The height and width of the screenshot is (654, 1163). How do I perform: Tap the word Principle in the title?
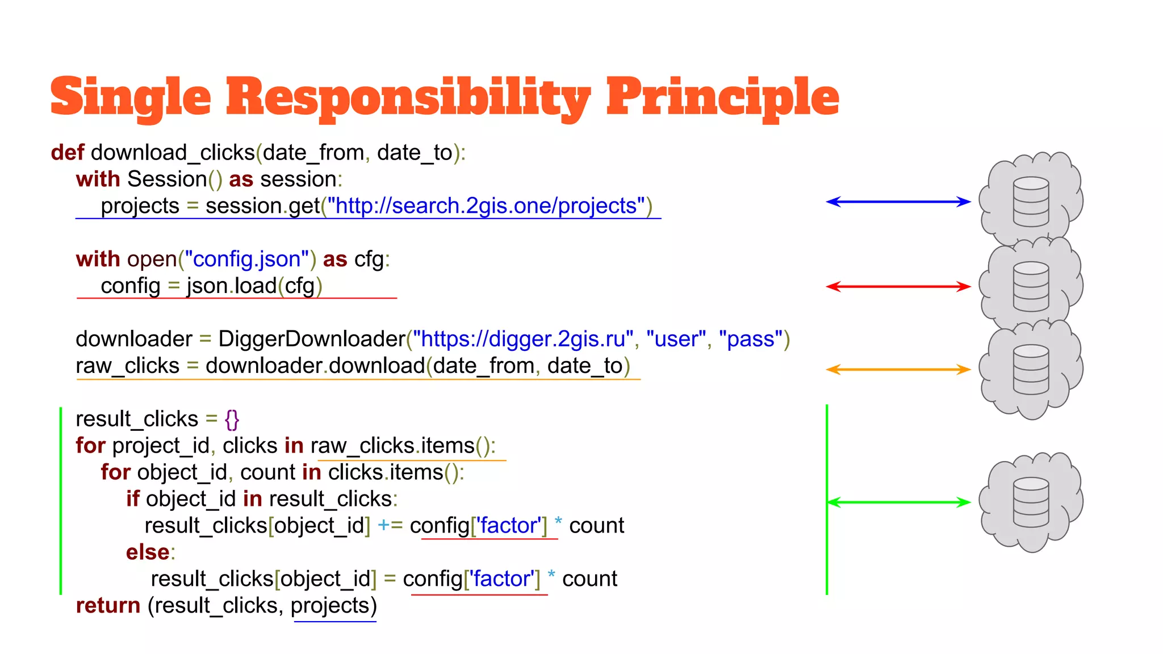tap(722, 98)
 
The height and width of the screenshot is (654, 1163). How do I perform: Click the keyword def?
tap(67, 153)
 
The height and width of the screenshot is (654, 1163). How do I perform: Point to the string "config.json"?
tap(246, 259)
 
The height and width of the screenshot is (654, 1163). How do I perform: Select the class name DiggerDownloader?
tap(311, 339)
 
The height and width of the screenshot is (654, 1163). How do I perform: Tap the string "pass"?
tap(750, 339)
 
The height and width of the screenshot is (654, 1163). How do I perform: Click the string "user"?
tap(675, 339)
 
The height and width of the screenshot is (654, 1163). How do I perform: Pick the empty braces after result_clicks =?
tap(232, 420)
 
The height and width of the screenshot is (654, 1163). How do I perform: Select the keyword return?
tap(108, 606)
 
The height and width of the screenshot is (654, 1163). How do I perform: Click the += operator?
tap(390, 526)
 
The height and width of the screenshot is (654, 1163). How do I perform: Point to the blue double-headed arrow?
tap(898, 202)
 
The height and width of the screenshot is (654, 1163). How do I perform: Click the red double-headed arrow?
tap(898, 286)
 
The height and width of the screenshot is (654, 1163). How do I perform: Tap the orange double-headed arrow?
tap(898, 370)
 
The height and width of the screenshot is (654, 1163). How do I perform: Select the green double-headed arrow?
tap(899, 502)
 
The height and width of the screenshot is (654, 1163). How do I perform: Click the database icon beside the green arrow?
tap(1031, 502)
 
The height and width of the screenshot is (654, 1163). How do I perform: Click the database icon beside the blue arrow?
tap(1031, 202)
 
